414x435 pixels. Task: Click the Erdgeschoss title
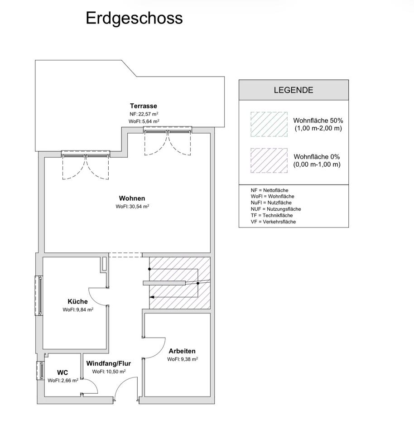(134, 19)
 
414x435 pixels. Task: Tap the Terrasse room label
(144, 106)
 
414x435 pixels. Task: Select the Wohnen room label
(132, 198)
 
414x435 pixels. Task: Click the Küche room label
(77, 301)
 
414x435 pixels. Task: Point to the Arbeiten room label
(182, 351)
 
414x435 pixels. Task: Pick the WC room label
(63, 372)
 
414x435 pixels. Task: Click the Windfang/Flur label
(108, 363)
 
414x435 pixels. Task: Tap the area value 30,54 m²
(139, 207)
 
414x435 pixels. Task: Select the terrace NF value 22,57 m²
(149, 114)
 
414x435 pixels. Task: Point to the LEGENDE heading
(294, 90)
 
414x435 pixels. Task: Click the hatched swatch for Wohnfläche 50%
(269, 124)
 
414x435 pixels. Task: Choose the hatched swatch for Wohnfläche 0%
(269, 160)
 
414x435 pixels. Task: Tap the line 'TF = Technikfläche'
(272, 215)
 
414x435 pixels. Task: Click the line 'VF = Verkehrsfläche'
(273, 222)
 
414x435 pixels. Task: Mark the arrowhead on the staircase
(152, 297)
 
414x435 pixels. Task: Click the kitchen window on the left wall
(39, 295)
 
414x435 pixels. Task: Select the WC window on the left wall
(41, 370)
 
